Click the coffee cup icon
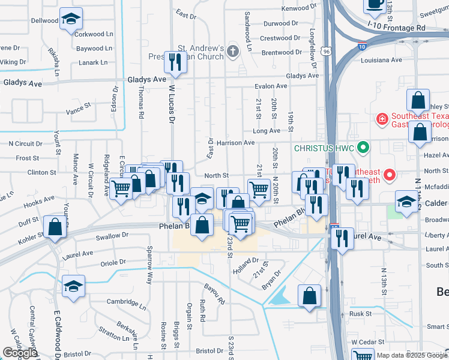376,5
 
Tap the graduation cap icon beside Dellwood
71,20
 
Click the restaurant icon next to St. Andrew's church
175,61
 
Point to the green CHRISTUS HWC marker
362,147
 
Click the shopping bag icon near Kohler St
55,227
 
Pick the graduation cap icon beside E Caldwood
73,286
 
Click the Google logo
20,353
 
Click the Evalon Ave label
271,86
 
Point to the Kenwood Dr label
298,9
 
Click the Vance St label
78,111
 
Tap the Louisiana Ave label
381,61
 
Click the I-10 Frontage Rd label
396,28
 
